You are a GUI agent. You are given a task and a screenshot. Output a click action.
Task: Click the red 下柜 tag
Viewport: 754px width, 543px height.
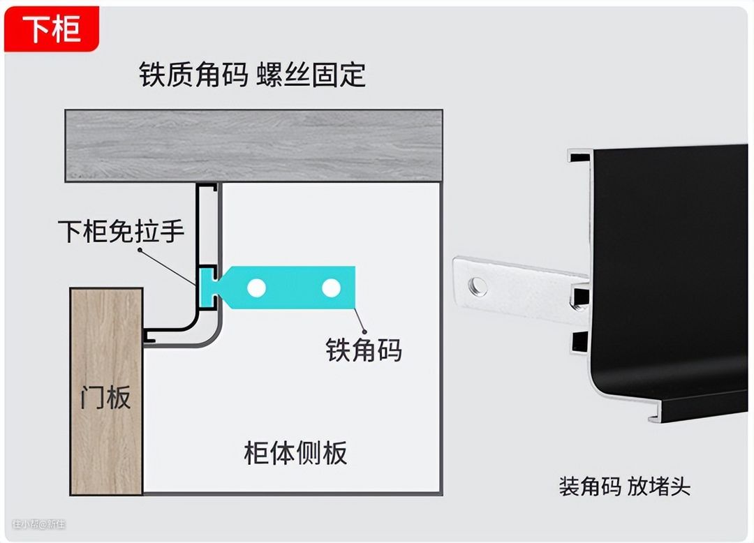52,30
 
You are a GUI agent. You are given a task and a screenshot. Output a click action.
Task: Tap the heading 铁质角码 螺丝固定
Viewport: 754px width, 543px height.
252,75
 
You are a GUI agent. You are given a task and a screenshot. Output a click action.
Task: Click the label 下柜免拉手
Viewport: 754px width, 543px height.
121,231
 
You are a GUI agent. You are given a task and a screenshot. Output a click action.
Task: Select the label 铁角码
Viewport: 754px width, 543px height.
364,350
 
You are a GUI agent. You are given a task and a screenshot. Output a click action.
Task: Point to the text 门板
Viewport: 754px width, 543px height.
105,398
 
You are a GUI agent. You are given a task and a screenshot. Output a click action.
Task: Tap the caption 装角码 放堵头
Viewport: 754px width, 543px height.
624,486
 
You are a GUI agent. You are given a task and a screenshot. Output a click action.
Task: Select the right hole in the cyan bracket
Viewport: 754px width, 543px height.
331,287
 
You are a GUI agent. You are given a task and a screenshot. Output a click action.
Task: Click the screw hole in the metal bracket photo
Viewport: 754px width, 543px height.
478,284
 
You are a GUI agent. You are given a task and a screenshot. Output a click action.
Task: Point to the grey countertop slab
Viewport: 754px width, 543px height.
253,145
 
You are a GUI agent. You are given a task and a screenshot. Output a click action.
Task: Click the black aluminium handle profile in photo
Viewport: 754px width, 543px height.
670,265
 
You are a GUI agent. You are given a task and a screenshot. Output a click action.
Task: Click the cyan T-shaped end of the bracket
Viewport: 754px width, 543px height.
209,287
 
